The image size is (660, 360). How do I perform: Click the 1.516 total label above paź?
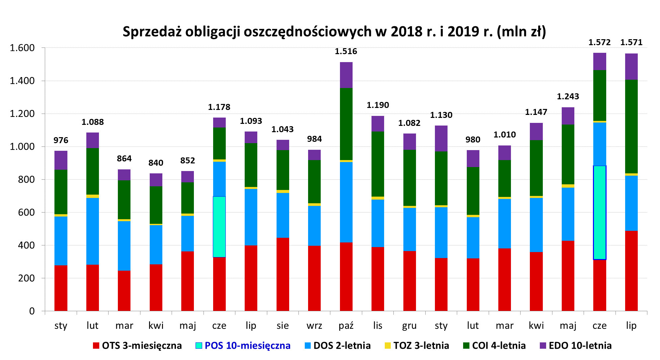point(346,51)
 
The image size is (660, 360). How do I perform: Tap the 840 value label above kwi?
point(156,163)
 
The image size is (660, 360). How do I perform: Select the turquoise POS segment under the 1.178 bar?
point(219,226)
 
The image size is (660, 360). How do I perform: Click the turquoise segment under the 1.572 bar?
point(600,213)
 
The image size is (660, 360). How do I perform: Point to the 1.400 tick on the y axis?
point(22,81)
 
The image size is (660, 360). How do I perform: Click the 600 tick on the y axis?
point(27,212)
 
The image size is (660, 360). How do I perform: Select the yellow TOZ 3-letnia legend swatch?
point(388,345)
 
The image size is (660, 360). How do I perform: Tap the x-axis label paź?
point(346,325)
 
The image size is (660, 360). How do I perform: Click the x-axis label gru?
point(409,325)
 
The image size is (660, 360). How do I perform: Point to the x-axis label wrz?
point(314,325)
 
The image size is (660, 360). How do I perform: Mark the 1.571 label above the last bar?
point(631,43)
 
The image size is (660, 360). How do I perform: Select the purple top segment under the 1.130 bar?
point(441,138)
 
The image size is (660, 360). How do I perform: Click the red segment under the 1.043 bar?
point(283,274)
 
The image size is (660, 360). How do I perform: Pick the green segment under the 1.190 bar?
point(378,164)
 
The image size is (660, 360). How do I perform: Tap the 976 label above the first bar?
point(61,140)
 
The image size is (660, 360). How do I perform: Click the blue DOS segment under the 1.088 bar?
point(93,231)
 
